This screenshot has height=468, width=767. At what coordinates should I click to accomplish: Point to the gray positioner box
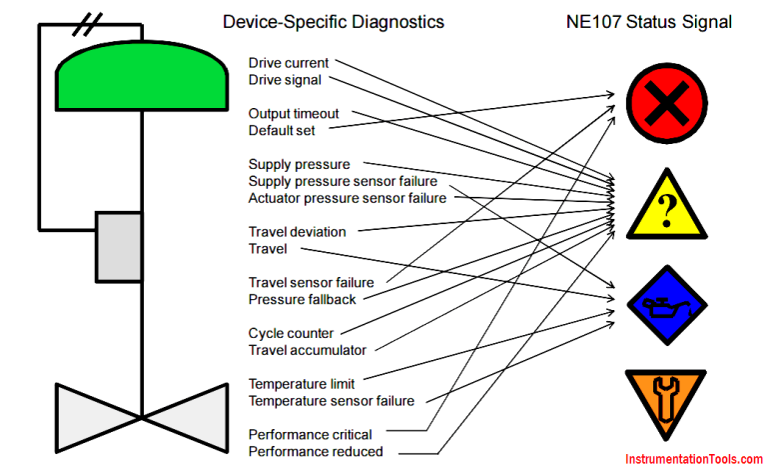119,246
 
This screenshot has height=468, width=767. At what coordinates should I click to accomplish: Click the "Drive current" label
289,63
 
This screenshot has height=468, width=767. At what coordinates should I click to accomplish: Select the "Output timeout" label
294,113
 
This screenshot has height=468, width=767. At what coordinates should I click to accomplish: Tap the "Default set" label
284,130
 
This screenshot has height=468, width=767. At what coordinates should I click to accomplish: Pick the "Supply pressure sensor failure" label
343,181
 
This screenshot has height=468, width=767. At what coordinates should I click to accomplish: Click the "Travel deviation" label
297,232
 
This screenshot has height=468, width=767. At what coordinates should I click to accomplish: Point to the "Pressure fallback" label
302,299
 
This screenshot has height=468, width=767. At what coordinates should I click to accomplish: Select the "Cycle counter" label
291,333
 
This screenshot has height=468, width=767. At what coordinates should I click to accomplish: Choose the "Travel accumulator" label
307,350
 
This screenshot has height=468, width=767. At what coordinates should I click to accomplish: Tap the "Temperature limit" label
302,384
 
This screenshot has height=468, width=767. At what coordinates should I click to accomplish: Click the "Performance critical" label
310,435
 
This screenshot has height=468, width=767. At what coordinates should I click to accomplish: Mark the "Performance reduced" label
315,451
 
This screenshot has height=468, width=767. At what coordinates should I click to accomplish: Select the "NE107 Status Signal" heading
658,21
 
